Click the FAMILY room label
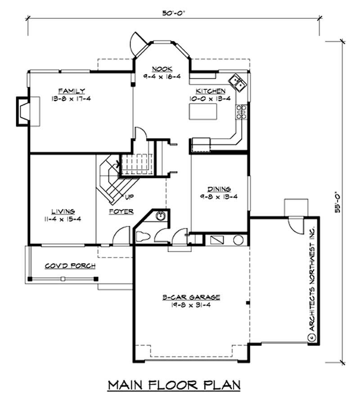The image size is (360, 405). [x=72, y=91]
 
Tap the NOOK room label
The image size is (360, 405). [x=162, y=69]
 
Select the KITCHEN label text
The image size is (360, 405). [x=210, y=91]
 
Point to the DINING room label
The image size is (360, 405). [x=219, y=189]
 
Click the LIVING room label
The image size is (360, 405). [x=63, y=212]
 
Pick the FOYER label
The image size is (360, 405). [x=121, y=212]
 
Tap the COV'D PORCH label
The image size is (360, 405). [x=70, y=266]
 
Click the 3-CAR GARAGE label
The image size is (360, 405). [x=191, y=297]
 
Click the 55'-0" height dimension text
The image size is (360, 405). [x=337, y=202]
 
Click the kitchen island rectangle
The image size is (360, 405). [x=203, y=112]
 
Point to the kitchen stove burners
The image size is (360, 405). [x=242, y=112]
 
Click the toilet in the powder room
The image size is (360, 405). [x=143, y=237]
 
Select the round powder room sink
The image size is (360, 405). [x=161, y=216]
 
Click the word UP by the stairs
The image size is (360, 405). [x=129, y=197]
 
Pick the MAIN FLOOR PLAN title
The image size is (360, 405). [x=174, y=385]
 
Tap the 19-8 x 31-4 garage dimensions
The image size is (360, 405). [x=191, y=305]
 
